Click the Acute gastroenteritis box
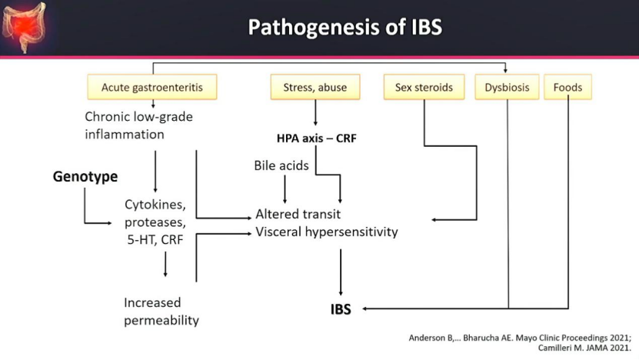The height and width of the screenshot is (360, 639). click(152, 87)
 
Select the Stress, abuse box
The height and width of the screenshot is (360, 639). click(315, 87)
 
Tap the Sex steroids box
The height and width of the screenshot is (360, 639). click(424, 87)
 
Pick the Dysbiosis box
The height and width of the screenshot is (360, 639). click(507, 87)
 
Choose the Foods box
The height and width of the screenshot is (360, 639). click(567, 87)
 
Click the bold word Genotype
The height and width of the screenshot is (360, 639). click(85, 176)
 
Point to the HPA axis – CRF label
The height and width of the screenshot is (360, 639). click(317, 138)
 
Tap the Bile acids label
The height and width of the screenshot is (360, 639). click(281, 165)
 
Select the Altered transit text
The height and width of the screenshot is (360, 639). click(298, 214)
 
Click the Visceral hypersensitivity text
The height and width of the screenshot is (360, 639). click(327, 232)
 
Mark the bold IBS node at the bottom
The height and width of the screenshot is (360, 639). click(341, 309)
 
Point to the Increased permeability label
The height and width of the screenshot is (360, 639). click(161, 312)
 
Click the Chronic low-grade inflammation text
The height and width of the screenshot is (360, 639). click(138, 125)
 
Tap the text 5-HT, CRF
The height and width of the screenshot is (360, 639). click(155, 239)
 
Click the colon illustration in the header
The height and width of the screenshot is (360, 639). click(24, 27)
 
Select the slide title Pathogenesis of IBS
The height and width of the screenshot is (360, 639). click(345, 27)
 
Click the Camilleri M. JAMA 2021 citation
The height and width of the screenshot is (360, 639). click(584, 348)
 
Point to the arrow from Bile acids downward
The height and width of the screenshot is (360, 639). click(285, 189)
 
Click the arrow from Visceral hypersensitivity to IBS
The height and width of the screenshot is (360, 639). click(341, 272)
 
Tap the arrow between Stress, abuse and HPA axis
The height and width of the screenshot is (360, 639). click(315, 112)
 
